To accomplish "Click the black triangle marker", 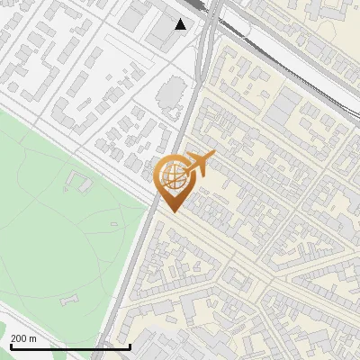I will (x=181, y=24).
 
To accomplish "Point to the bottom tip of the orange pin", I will (x=172, y=211).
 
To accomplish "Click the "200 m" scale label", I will (x=23, y=338).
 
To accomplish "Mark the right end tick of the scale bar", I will (x=130, y=345).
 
